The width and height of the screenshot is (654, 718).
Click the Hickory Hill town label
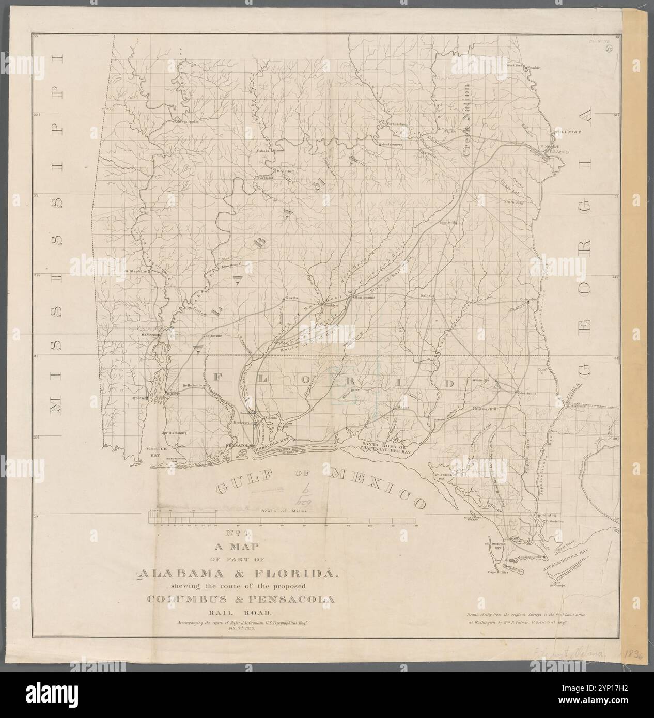(486, 409)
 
